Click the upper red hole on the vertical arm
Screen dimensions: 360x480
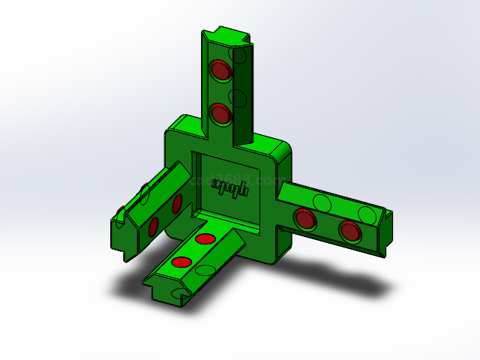coord(220,70)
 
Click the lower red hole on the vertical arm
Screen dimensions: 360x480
coord(220,114)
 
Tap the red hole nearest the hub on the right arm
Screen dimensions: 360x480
coord(304,219)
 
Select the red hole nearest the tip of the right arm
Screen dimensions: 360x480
coord(349,231)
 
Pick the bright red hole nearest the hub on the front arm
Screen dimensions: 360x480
coord(205,239)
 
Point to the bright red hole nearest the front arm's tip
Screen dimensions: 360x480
coord(181,262)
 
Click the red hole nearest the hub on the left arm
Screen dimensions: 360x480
coord(177,203)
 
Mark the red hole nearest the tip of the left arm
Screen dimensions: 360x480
coord(153,227)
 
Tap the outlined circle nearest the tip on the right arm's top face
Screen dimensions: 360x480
coord(367,215)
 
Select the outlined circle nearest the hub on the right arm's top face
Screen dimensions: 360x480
coord(322,203)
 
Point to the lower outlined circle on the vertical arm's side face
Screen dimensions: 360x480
coord(238,97)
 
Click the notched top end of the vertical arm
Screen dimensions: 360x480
coord(224,34)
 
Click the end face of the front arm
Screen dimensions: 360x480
coord(165,292)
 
